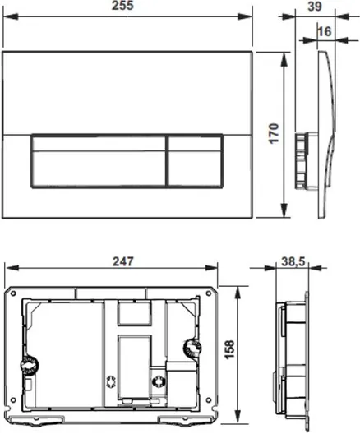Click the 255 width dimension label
(122, 5)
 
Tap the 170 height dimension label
(274, 133)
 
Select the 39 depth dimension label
(315, 6)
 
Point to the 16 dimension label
(325, 31)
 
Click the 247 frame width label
(122, 261)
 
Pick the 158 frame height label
(229, 349)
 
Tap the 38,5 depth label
(293, 261)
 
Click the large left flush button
(98, 161)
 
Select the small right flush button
(195, 161)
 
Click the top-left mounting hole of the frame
(12, 293)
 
